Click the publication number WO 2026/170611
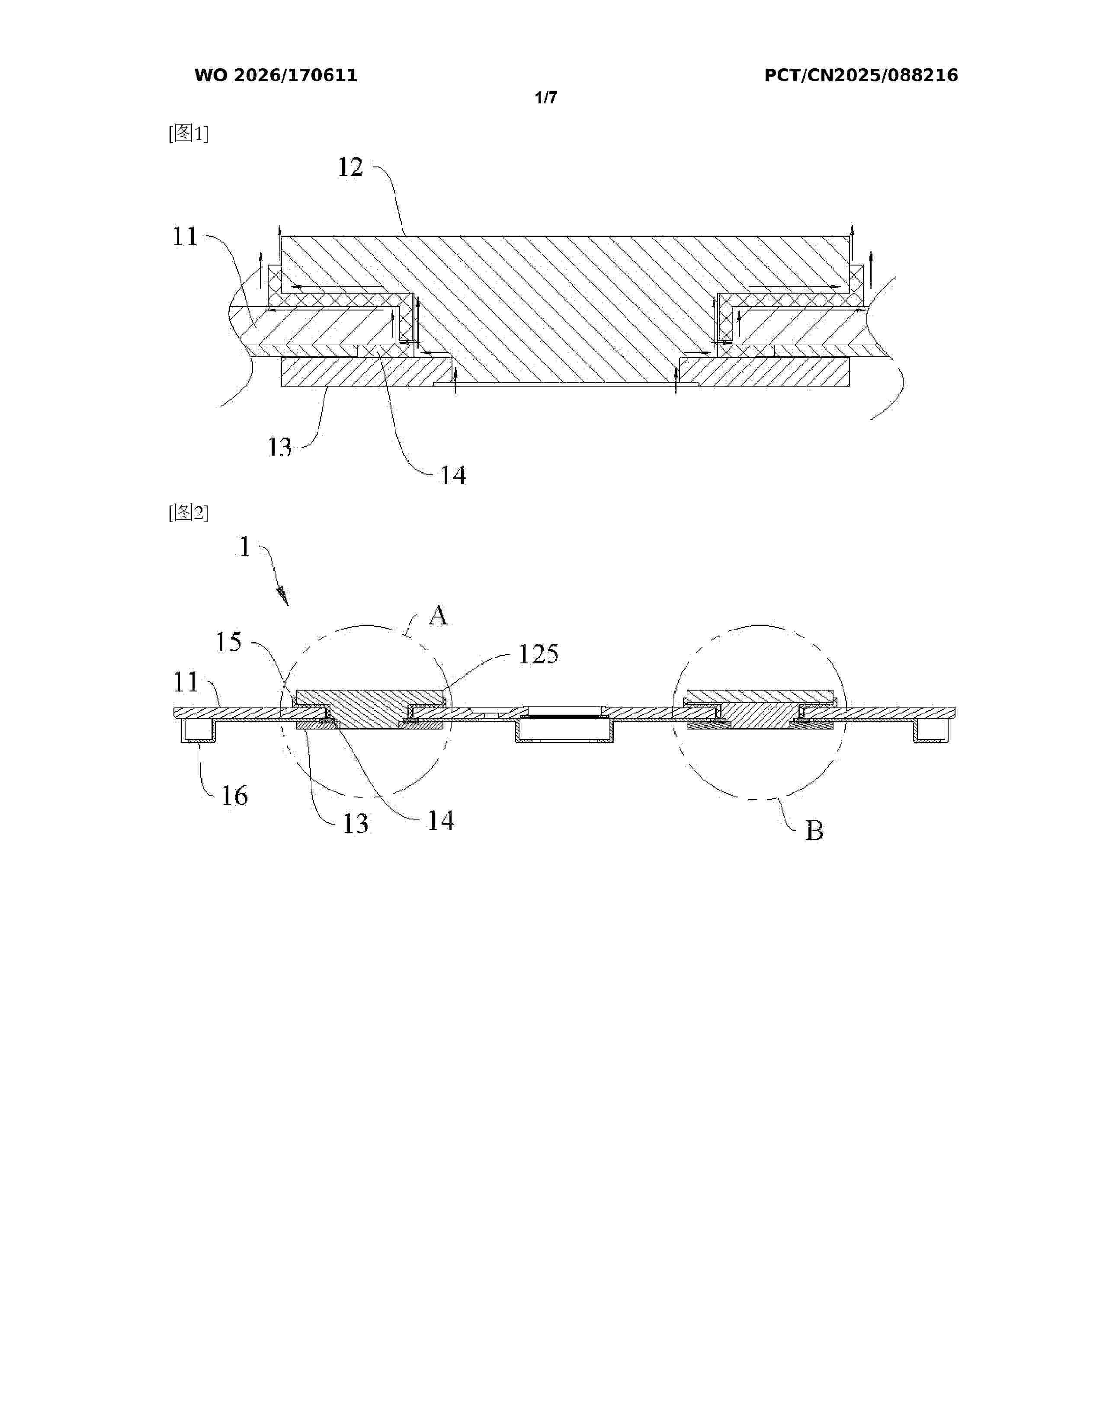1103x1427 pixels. [276, 76]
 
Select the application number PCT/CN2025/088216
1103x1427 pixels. [861, 76]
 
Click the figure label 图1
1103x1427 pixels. [188, 134]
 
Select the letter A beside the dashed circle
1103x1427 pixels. [439, 615]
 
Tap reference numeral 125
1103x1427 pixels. [538, 654]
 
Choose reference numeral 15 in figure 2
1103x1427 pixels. [229, 642]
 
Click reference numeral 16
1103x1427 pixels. [234, 796]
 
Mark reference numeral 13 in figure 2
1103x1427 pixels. [356, 824]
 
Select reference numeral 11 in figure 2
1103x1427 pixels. [186, 683]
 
